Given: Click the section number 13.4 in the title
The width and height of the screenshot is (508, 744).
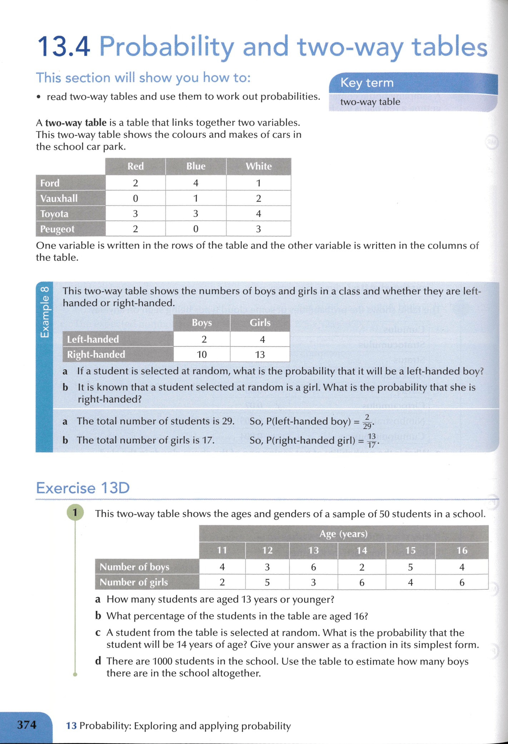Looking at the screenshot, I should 64,47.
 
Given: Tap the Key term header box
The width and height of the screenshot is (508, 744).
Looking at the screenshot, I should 411,83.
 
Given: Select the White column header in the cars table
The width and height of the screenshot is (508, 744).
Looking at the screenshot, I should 258,166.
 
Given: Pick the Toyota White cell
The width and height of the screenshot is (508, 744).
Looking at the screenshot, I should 258,213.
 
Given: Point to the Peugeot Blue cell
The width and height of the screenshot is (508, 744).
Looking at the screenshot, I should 196,229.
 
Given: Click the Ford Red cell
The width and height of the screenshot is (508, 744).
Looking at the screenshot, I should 135,183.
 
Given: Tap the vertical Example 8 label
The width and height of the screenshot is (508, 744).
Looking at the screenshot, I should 44,312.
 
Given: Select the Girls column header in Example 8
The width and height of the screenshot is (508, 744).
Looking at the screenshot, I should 260,322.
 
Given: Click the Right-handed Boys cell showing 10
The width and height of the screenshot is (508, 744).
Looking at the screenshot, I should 202,354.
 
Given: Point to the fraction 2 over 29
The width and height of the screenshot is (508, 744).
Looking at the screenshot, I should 367,422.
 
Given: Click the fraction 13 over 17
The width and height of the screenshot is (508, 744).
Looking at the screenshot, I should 372,440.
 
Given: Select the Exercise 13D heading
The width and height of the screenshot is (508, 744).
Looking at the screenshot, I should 83,488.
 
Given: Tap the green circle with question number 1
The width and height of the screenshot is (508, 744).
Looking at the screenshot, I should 75,512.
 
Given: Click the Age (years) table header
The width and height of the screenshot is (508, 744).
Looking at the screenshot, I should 343,534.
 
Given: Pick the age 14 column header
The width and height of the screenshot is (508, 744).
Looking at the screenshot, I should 361,550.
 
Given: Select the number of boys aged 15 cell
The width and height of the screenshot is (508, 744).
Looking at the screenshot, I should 410,567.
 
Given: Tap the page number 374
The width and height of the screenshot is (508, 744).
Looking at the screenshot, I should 27,725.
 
